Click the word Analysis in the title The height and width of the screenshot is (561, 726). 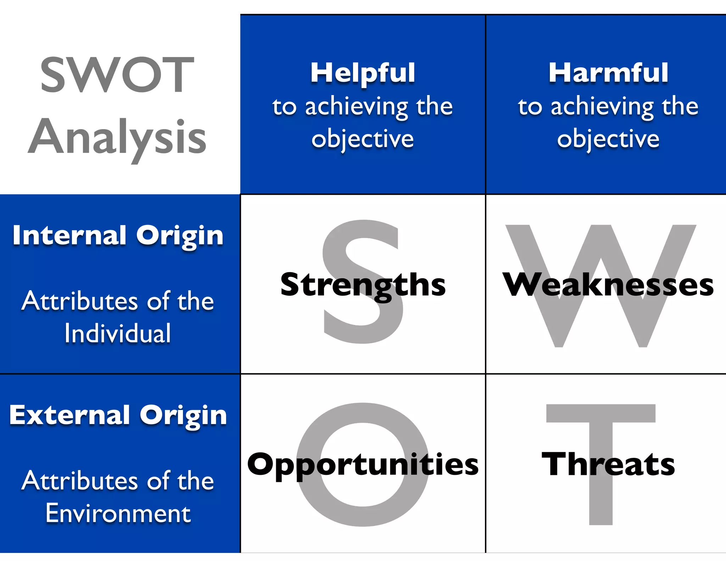117,138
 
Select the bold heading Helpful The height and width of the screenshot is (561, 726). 363,73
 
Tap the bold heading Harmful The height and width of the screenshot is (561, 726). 608,73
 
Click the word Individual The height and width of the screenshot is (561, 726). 118,333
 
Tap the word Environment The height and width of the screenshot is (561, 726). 118,513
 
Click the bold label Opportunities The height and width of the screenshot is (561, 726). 363,465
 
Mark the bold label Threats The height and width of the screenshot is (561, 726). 608,465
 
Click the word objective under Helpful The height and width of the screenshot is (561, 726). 363,139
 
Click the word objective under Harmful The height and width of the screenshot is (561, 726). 608,139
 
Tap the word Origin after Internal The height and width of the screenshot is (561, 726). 180,236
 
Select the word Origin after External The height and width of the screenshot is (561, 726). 183,416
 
